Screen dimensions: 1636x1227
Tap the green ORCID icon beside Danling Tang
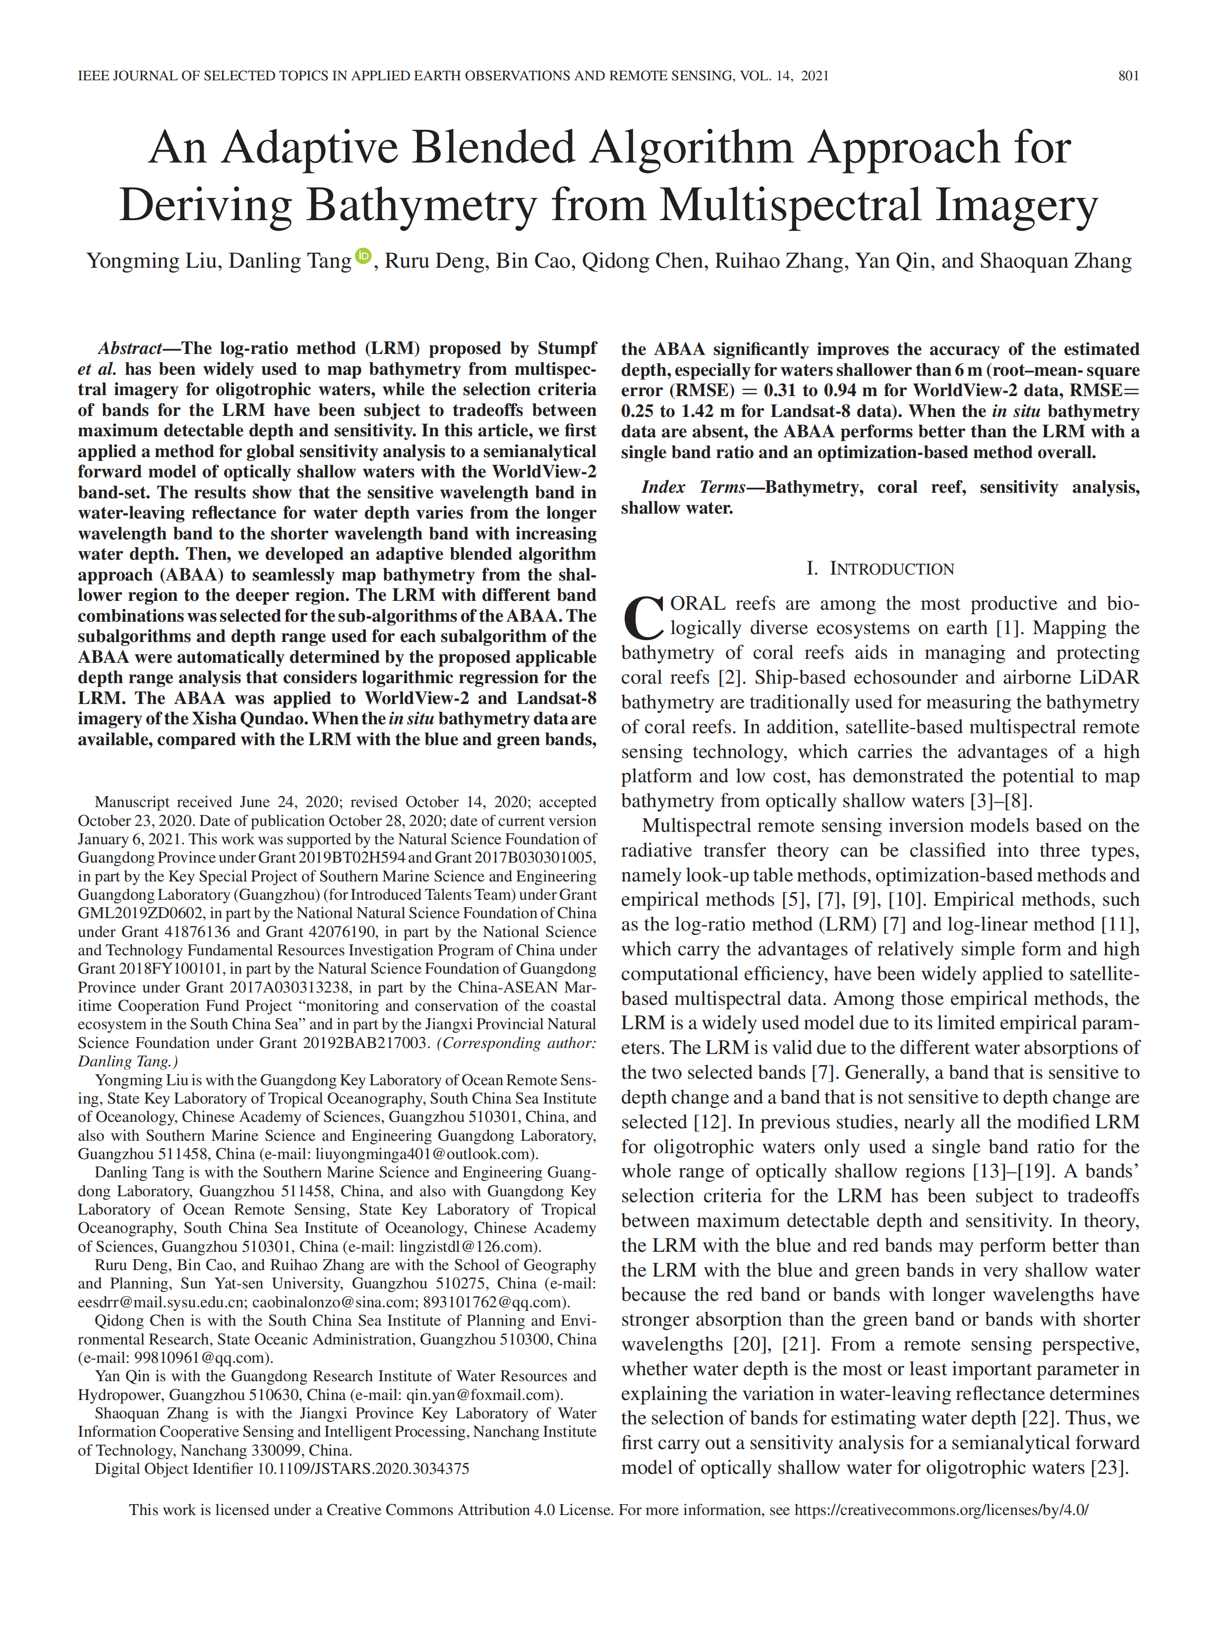click(x=363, y=256)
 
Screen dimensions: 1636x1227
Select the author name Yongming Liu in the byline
click(x=152, y=261)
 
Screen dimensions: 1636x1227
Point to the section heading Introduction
click(x=880, y=568)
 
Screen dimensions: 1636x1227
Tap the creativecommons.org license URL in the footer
click(x=941, y=1510)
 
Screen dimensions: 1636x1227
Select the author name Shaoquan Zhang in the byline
click(x=1055, y=261)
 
